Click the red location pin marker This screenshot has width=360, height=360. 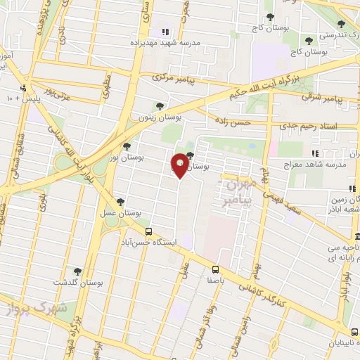point(180,165)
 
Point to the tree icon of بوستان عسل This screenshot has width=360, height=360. point(122,201)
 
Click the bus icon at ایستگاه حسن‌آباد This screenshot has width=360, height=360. point(148,231)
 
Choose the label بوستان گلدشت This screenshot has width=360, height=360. point(78,283)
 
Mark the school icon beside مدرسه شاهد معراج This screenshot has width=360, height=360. point(316,153)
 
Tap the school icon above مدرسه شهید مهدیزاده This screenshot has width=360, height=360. point(165,32)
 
